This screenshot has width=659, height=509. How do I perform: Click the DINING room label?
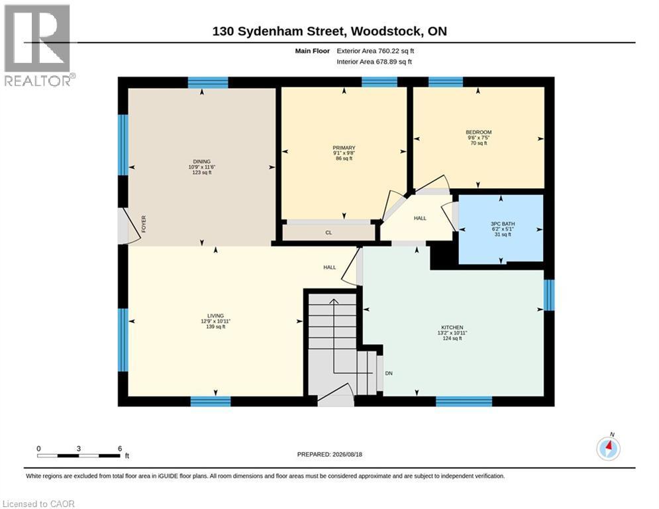click(202, 162)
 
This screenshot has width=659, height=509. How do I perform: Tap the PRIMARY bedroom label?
click(344, 148)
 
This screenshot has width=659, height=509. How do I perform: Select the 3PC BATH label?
click(503, 224)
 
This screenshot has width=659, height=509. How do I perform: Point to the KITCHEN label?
click(452, 327)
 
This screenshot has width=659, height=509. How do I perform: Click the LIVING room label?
click(216, 316)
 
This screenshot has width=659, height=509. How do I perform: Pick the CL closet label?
click(329, 233)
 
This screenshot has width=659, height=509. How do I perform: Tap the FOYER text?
click(144, 224)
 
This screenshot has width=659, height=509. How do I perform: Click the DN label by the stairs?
click(389, 373)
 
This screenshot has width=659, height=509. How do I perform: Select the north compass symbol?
click(608, 448)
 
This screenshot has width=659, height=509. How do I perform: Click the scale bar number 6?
click(120, 449)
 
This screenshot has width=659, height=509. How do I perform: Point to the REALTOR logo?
click(38, 45)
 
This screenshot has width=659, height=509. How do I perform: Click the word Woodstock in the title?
click(387, 31)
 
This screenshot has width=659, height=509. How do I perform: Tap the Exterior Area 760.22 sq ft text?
click(376, 51)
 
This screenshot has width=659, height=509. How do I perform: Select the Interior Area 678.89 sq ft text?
click(374, 62)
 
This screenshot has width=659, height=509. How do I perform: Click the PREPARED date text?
click(330, 454)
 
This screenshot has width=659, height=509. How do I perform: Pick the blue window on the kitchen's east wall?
click(549, 295)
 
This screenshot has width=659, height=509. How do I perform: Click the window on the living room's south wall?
click(211, 402)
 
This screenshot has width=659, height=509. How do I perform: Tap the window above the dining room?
click(207, 82)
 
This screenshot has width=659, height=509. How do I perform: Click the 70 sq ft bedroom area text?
click(479, 143)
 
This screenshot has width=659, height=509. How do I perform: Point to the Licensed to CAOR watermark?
click(38, 504)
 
